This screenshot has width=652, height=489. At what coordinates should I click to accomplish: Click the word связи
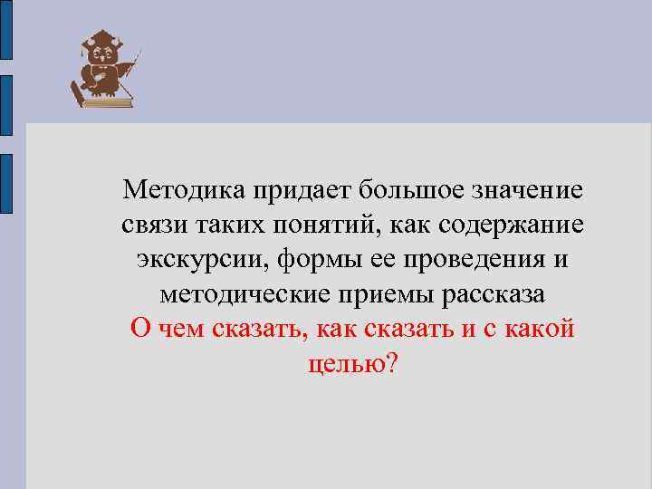click(x=151, y=225)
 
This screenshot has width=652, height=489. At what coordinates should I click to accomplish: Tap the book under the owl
click(x=107, y=101)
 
